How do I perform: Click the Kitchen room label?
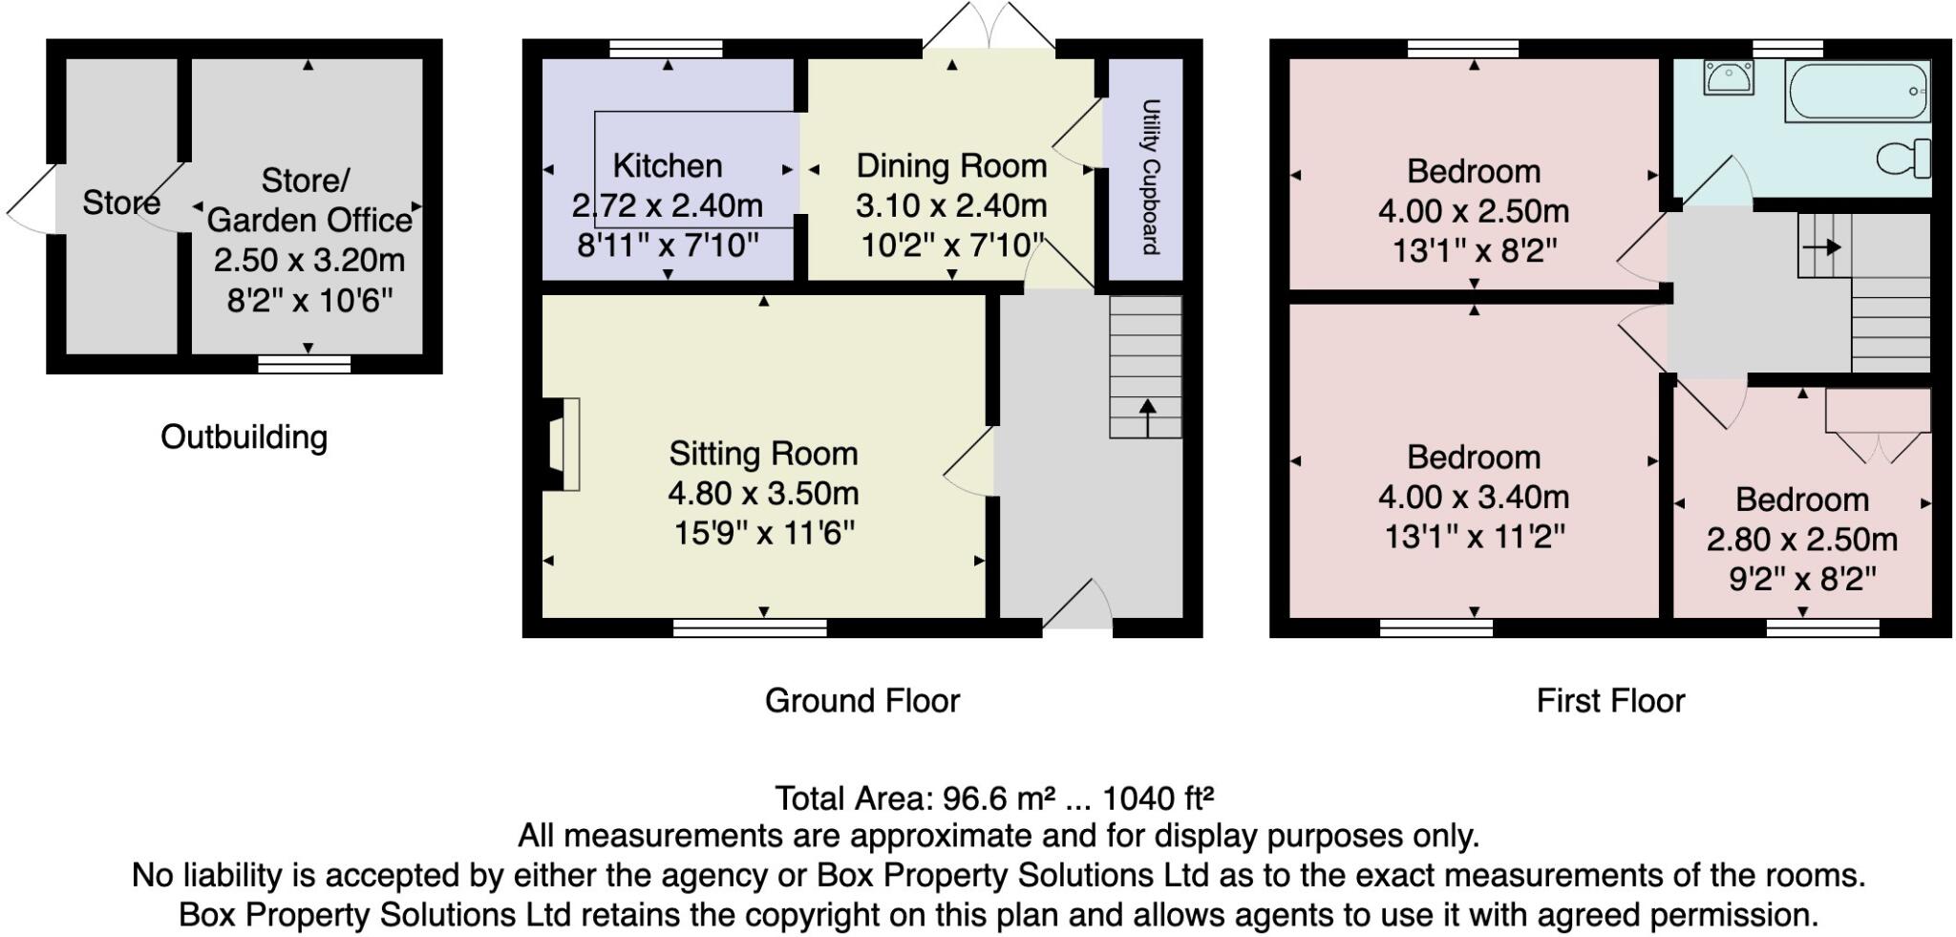[x=667, y=165]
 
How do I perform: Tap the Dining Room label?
[x=951, y=165]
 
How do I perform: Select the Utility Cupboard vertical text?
[x=1151, y=176]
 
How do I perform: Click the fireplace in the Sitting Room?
[x=562, y=445]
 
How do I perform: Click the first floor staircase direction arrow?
[x=1821, y=247]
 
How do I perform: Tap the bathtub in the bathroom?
[x=1857, y=92]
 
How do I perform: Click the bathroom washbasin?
[x=1729, y=76]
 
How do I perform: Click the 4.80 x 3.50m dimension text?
[x=763, y=493]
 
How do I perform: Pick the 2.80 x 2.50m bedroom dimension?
[x=1801, y=539]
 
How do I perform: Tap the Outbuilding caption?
[x=244, y=437]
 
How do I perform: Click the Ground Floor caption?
[x=861, y=700]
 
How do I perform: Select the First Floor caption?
[x=1610, y=700]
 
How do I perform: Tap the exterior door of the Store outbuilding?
[x=31, y=200]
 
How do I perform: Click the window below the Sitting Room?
[x=750, y=628]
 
